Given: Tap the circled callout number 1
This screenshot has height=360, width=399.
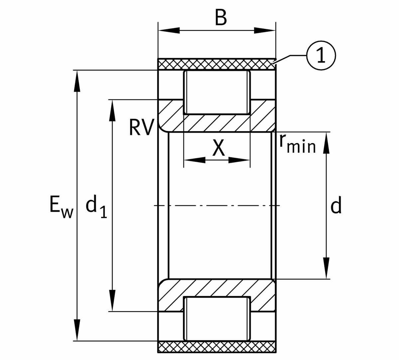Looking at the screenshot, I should click(x=321, y=56).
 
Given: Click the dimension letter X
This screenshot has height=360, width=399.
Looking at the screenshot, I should click(x=218, y=148).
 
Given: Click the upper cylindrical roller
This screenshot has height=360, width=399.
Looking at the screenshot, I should click(x=217, y=92).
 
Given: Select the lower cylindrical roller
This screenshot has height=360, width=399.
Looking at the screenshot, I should click(x=217, y=318).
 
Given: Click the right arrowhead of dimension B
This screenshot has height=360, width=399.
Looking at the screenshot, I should click(x=265, y=31).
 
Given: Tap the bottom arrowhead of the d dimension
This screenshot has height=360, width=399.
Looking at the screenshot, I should click(x=327, y=268).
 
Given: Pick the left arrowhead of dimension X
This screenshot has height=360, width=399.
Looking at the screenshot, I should click(x=194, y=160).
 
